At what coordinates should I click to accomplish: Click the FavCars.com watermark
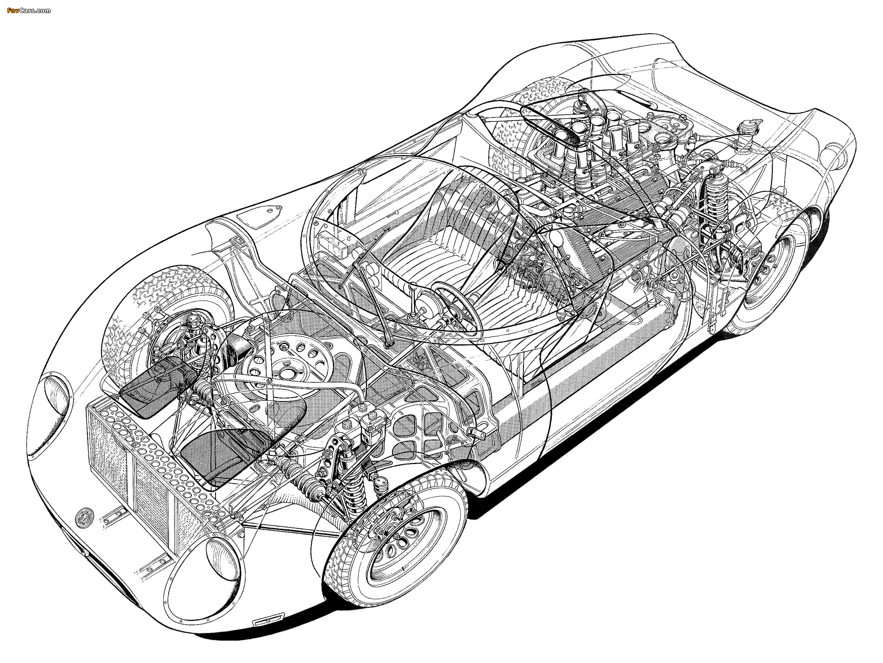(x=29, y=10)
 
